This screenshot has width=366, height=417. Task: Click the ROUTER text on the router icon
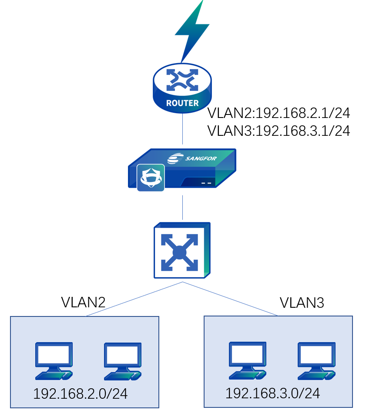pyautogui.click(x=182, y=103)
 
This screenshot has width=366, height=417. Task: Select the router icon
pyautogui.click(x=182, y=87)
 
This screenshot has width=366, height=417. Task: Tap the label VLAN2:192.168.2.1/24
pyautogui.click(x=279, y=113)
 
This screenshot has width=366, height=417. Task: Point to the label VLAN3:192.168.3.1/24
pyautogui.click(x=279, y=131)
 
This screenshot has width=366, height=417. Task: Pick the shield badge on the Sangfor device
pyautogui.click(x=151, y=178)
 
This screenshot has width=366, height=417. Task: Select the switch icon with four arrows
pyautogui.click(x=182, y=251)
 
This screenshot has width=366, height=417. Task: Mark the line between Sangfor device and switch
pyautogui.click(x=182, y=208)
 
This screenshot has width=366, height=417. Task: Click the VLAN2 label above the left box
pyautogui.click(x=83, y=302)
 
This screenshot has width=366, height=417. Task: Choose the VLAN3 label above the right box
pyautogui.click(x=302, y=303)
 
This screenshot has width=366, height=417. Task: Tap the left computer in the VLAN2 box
pyautogui.click(x=54, y=360)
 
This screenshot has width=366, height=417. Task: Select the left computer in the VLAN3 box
pyautogui.click(x=247, y=360)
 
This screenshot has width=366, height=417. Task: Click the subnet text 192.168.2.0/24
pyautogui.click(x=80, y=394)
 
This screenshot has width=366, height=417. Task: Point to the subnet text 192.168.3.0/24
pyautogui.click(x=272, y=393)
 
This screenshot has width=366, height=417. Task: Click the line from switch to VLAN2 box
pyautogui.click(x=135, y=299)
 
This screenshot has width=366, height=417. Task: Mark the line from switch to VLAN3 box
pyautogui.click(x=231, y=298)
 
